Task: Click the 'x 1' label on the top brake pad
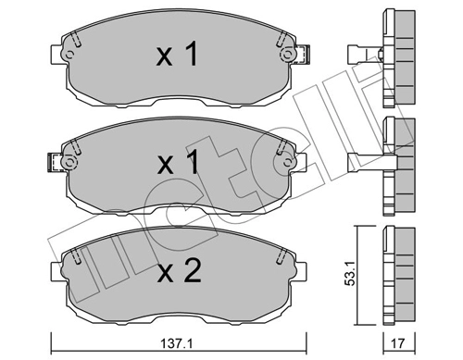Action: (177, 56)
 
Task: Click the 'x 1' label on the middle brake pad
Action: (177, 164)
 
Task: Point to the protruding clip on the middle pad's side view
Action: (364, 162)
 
